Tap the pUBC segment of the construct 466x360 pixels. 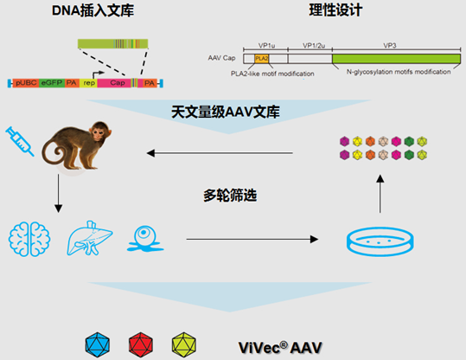[24, 82]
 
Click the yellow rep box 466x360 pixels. [89, 82]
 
